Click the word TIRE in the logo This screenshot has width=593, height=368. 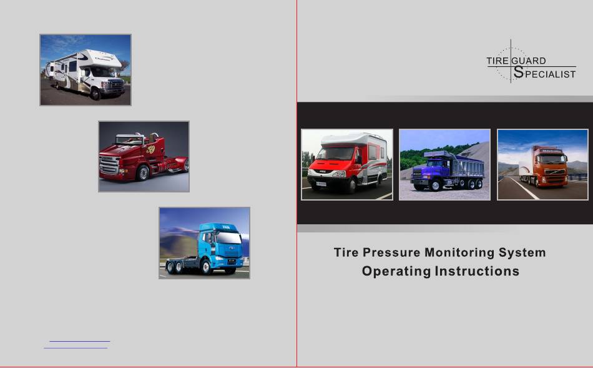point(497,61)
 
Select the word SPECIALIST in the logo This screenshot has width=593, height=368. point(544,72)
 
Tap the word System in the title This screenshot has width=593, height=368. point(522,253)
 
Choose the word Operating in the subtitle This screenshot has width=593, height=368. point(396,271)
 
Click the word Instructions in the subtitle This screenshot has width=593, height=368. point(477,271)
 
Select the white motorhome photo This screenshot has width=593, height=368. point(86,69)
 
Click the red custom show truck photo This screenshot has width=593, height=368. point(144,156)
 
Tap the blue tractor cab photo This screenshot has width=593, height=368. point(204,243)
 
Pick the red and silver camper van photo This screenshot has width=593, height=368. point(347,164)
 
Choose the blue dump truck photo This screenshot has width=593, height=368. point(444,164)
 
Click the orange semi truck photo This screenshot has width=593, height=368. point(542,164)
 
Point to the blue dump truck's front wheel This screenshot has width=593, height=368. point(435,185)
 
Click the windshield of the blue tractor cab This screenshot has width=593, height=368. point(228,238)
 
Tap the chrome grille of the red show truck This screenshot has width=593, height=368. point(109,166)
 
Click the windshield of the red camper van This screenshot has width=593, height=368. point(336,153)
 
